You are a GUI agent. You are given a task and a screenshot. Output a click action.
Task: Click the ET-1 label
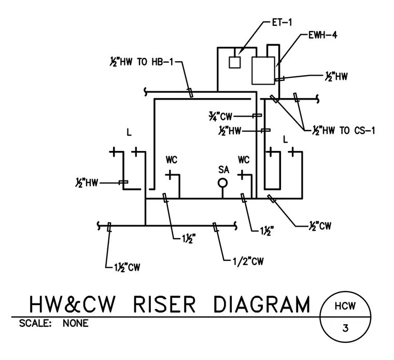coord(282,22)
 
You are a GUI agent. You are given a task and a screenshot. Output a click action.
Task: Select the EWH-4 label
coord(322,35)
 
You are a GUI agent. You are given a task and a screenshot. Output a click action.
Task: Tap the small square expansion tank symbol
coord(235,62)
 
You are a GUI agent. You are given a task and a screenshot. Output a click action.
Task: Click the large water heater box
coord(263,71)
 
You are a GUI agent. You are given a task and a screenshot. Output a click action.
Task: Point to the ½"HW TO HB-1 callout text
coord(142,62)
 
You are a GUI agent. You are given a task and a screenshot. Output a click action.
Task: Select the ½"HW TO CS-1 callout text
coord(343,131)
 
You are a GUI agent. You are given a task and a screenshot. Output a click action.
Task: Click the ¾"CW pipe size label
coord(220,116)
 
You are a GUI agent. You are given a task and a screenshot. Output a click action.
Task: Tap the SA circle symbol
coord(222,183)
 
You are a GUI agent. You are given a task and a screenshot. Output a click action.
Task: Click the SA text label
coord(223,170)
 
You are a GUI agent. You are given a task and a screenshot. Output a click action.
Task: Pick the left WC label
coord(172,160)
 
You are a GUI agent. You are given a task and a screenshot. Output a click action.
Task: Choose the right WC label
coord(244,160)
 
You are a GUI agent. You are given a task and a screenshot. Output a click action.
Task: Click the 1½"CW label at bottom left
coord(127,267)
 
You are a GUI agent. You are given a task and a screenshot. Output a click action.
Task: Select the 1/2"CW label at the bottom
coord(248,261)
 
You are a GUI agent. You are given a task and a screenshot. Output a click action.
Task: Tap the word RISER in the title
coord(164,304)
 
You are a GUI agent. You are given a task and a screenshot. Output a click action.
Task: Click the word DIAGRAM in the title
coord(262,304)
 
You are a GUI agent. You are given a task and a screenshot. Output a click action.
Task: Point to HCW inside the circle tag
coord(345,306)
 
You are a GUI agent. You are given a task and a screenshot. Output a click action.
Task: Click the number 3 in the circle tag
coord(345,328)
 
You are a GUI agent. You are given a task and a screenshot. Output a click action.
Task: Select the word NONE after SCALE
coord(75,323)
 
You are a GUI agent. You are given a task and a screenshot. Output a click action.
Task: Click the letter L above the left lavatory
coord(129,132)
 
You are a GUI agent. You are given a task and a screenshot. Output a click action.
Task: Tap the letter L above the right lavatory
coord(285,139)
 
